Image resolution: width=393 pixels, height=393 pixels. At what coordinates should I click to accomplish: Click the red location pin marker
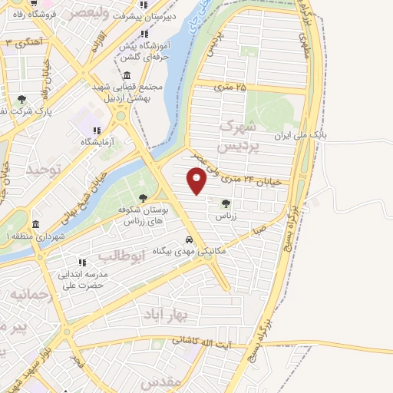tap(198, 180)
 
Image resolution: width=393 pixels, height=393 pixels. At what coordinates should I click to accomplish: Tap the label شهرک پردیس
tap(234, 135)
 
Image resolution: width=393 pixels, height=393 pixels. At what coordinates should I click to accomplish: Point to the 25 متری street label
tap(230, 87)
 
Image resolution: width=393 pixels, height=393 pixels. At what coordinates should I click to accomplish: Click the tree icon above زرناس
tap(226, 203)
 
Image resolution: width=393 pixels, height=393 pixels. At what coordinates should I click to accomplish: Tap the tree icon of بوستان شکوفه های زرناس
tap(143, 200)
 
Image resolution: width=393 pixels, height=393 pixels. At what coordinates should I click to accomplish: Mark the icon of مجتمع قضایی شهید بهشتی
tap(126, 74)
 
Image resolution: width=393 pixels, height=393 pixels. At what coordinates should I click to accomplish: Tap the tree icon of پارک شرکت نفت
tap(21, 99)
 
